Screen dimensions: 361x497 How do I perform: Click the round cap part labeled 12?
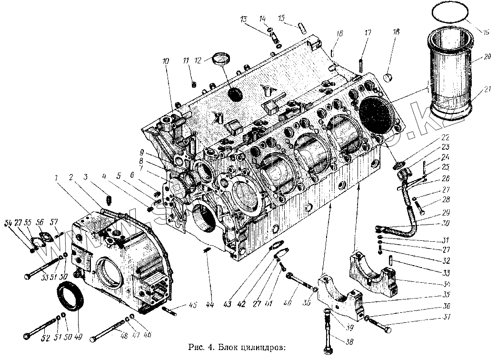click(x=220, y=61)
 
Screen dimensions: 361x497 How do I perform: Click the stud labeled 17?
click(x=361, y=63)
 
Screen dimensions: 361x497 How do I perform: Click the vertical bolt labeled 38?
click(x=328, y=334)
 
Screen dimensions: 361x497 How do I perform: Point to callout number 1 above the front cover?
click(x=57, y=178)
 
